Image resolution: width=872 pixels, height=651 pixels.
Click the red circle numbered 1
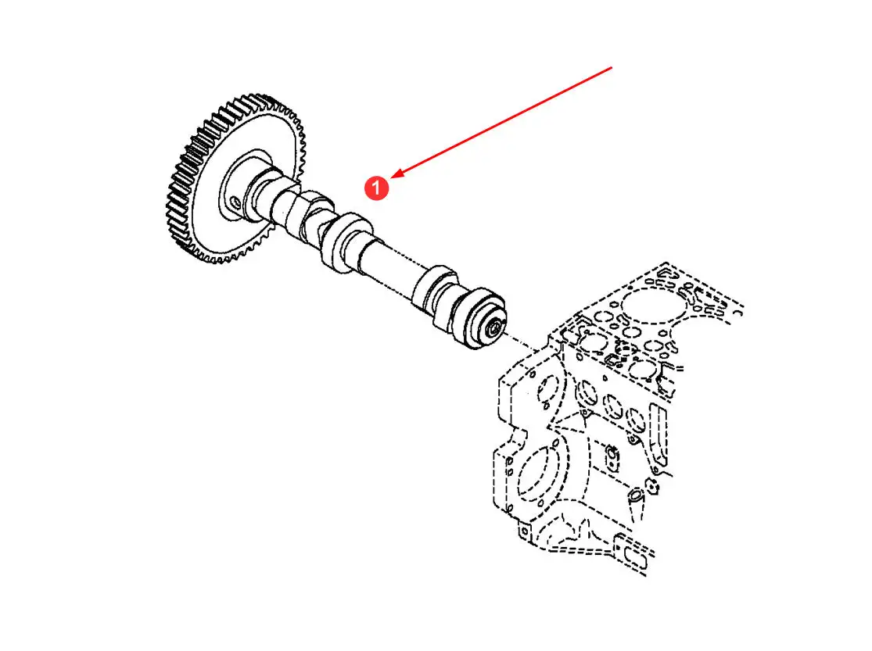click(x=376, y=188)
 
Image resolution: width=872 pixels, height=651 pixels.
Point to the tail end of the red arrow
click(x=612, y=67)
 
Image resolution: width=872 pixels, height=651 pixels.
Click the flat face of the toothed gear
click(x=245, y=184)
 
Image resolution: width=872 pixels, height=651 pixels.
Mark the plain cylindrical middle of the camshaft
click(x=389, y=266)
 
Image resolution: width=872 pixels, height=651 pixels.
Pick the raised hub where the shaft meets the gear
click(x=245, y=186)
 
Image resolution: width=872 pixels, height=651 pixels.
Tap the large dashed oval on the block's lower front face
click(x=536, y=475)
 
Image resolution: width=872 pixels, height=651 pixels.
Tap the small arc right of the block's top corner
click(x=739, y=313)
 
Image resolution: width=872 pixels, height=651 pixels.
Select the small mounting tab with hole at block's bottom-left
click(x=523, y=532)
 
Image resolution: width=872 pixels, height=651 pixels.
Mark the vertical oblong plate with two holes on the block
click(x=612, y=457)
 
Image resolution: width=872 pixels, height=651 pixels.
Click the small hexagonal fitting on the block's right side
click(x=652, y=487)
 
